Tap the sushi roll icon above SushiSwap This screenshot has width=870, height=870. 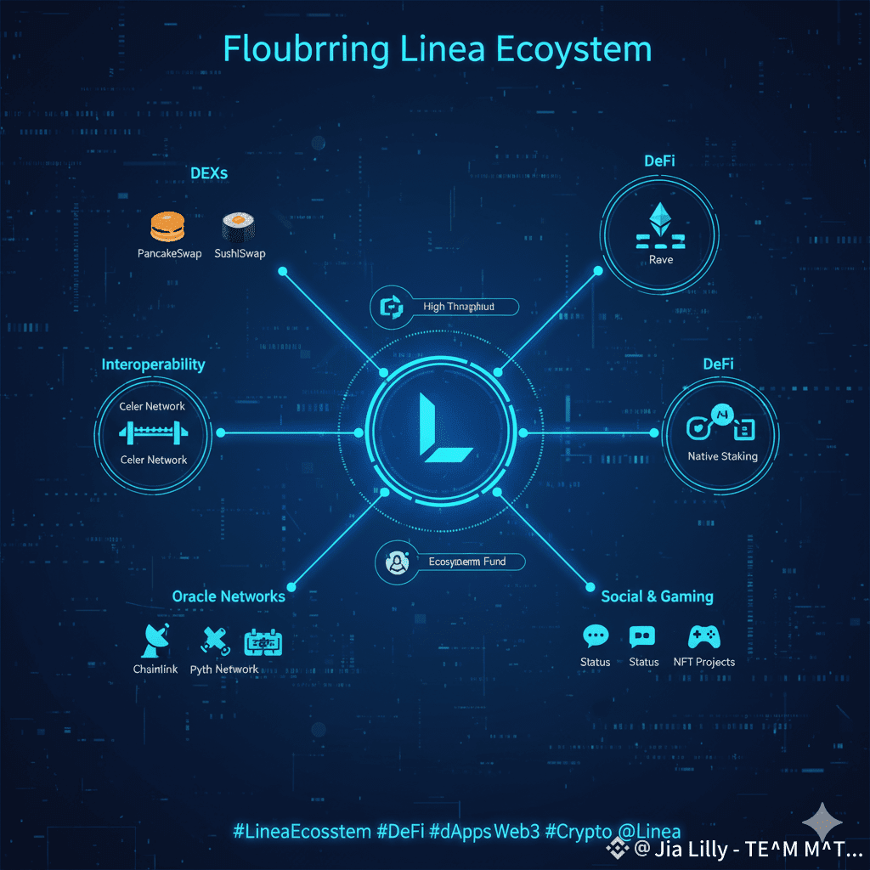238,228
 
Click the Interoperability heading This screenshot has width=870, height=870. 153,364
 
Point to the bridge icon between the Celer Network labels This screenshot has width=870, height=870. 153,433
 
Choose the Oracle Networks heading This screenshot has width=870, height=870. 229,596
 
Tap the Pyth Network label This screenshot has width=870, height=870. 224,669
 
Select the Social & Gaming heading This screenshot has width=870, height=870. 657,596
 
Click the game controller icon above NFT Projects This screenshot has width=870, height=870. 703,637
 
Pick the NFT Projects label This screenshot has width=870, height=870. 703,662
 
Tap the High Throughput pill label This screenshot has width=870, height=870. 458,306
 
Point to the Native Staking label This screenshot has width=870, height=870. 722,456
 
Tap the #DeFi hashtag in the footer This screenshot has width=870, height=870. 399,832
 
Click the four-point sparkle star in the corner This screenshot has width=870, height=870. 822,823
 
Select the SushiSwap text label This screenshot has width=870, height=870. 240,253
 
